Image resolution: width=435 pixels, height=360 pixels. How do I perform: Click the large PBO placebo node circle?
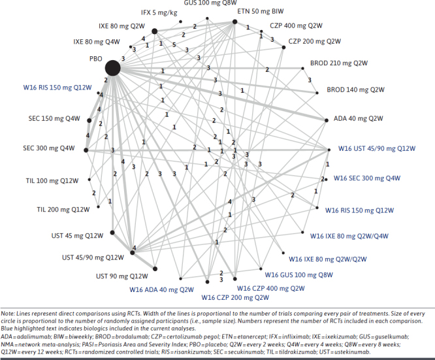pyautogui.click(x=112, y=67)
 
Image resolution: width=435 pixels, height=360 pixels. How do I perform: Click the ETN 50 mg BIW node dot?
pyautogui.click(x=235, y=22)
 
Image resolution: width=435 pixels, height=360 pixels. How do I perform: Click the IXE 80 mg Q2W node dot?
pyautogui.click(x=154, y=31)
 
